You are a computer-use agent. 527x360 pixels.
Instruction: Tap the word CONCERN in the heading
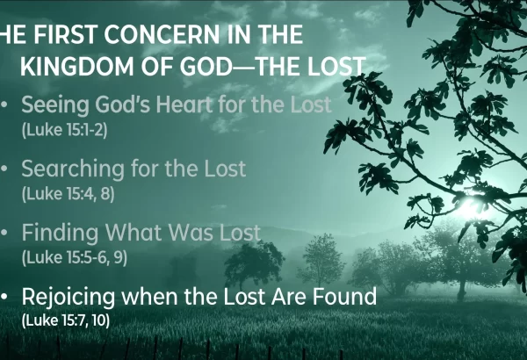pyautogui.click(x=162, y=34)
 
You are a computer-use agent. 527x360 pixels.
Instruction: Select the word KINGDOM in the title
pyautogui.click(x=77, y=66)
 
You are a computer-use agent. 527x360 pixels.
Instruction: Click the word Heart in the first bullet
pyautogui.click(x=184, y=104)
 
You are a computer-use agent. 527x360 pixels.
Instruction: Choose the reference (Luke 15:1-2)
pyautogui.click(x=64, y=130)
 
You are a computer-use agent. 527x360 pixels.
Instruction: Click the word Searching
pyautogui.click(x=73, y=169)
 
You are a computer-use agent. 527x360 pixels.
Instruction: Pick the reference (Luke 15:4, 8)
pyautogui.click(x=68, y=194)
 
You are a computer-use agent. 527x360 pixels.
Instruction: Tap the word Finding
pyautogui.click(x=60, y=233)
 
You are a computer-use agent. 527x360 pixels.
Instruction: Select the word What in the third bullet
pyautogui.click(x=134, y=232)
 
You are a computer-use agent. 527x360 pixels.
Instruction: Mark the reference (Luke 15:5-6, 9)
pyautogui.click(x=75, y=257)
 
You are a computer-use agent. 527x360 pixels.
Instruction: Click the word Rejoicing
pyautogui.click(x=69, y=297)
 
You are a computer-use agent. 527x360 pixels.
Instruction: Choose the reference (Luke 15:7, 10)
pyautogui.click(x=66, y=320)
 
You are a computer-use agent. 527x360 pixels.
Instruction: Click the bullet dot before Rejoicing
pyautogui.click(x=4, y=297)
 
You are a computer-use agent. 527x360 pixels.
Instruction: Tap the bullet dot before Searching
pyautogui.click(x=4, y=169)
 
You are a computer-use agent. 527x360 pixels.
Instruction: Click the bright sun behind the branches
pyautogui.click(x=471, y=206)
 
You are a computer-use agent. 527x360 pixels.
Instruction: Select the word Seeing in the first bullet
pyautogui.click(x=55, y=104)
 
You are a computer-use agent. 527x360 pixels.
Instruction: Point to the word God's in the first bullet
pyautogui.click(x=123, y=104)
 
